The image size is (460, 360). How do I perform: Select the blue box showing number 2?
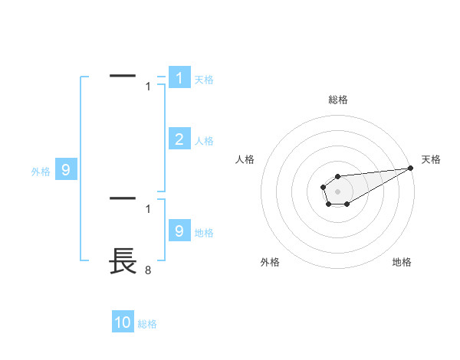179,139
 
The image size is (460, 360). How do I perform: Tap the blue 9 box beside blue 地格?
179,231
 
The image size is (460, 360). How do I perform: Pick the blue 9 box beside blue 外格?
66,170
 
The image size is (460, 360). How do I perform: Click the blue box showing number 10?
123,322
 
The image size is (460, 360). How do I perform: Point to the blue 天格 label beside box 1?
204,80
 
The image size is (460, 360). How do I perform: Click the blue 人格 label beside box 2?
204,141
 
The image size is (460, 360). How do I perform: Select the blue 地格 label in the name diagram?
204,233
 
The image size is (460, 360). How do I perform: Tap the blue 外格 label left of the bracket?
41,172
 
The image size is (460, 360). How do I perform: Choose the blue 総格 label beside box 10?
147,325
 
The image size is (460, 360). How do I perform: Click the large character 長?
123,261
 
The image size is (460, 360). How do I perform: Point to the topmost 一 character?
123,75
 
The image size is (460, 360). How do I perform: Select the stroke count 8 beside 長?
148,270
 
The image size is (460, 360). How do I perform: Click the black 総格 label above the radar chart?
337,100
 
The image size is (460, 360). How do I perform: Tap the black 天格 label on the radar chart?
432,159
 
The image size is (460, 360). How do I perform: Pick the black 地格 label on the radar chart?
402,262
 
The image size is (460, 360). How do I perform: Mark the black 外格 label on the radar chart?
270,262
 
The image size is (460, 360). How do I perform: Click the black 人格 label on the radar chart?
245,159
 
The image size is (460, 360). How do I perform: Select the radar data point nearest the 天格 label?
410,168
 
